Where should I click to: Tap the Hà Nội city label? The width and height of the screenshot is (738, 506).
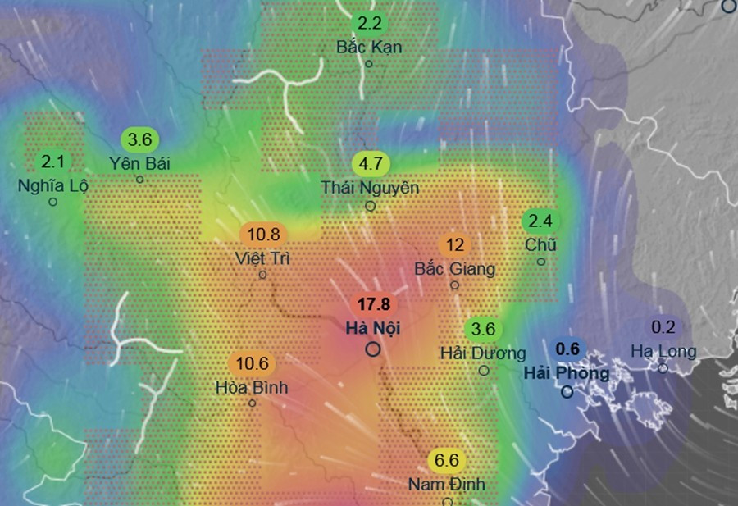pyautogui.click(x=374, y=328)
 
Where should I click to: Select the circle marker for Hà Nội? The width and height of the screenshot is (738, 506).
pyautogui.click(x=373, y=349)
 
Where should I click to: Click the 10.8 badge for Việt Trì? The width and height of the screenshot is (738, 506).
pyautogui.click(x=263, y=234)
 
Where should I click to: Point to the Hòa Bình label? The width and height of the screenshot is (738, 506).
pyautogui.click(x=252, y=386)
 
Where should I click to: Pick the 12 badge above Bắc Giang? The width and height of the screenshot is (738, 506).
pyautogui.click(x=456, y=244)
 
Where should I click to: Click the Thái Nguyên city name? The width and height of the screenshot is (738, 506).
pyautogui.click(x=370, y=188)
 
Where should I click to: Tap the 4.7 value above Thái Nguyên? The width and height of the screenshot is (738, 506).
pyautogui.click(x=371, y=163)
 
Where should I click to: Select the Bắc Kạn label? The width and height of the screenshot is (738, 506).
pyautogui.click(x=369, y=47)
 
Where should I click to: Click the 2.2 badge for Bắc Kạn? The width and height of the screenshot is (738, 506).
pyautogui.click(x=369, y=23)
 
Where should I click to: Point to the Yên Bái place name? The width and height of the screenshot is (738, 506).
pyautogui.click(x=139, y=162)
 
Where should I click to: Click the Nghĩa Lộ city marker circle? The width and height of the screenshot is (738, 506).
pyautogui.click(x=54, y=202)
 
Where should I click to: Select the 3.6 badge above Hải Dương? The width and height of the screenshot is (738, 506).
pyautogui.click(x=483, y=330)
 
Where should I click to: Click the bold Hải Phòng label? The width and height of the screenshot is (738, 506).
pyautogui.click(x=567, y=374)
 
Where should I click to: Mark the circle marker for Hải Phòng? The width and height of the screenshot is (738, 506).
pyautogui.click(x=567, y=392)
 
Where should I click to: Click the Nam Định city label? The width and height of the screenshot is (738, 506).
pyautogui.click(x=447, y=484)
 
